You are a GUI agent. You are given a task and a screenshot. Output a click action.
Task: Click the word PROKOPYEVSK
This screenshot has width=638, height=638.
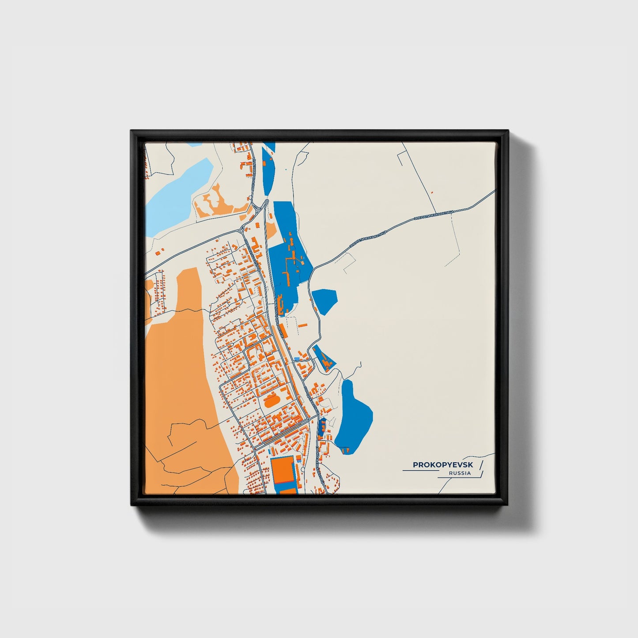point(442,464)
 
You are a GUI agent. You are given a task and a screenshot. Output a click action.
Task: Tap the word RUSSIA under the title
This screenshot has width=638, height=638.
point(460,473)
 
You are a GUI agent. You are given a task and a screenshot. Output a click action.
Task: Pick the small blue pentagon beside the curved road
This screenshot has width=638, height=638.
point(325,301)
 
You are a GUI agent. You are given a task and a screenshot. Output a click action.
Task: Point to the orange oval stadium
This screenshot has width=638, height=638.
point(269,402)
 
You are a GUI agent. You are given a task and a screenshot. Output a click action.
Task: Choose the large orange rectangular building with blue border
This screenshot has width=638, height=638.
point(283,471)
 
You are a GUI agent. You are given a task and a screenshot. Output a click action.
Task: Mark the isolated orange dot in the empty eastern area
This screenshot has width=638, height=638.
point(431,193)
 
